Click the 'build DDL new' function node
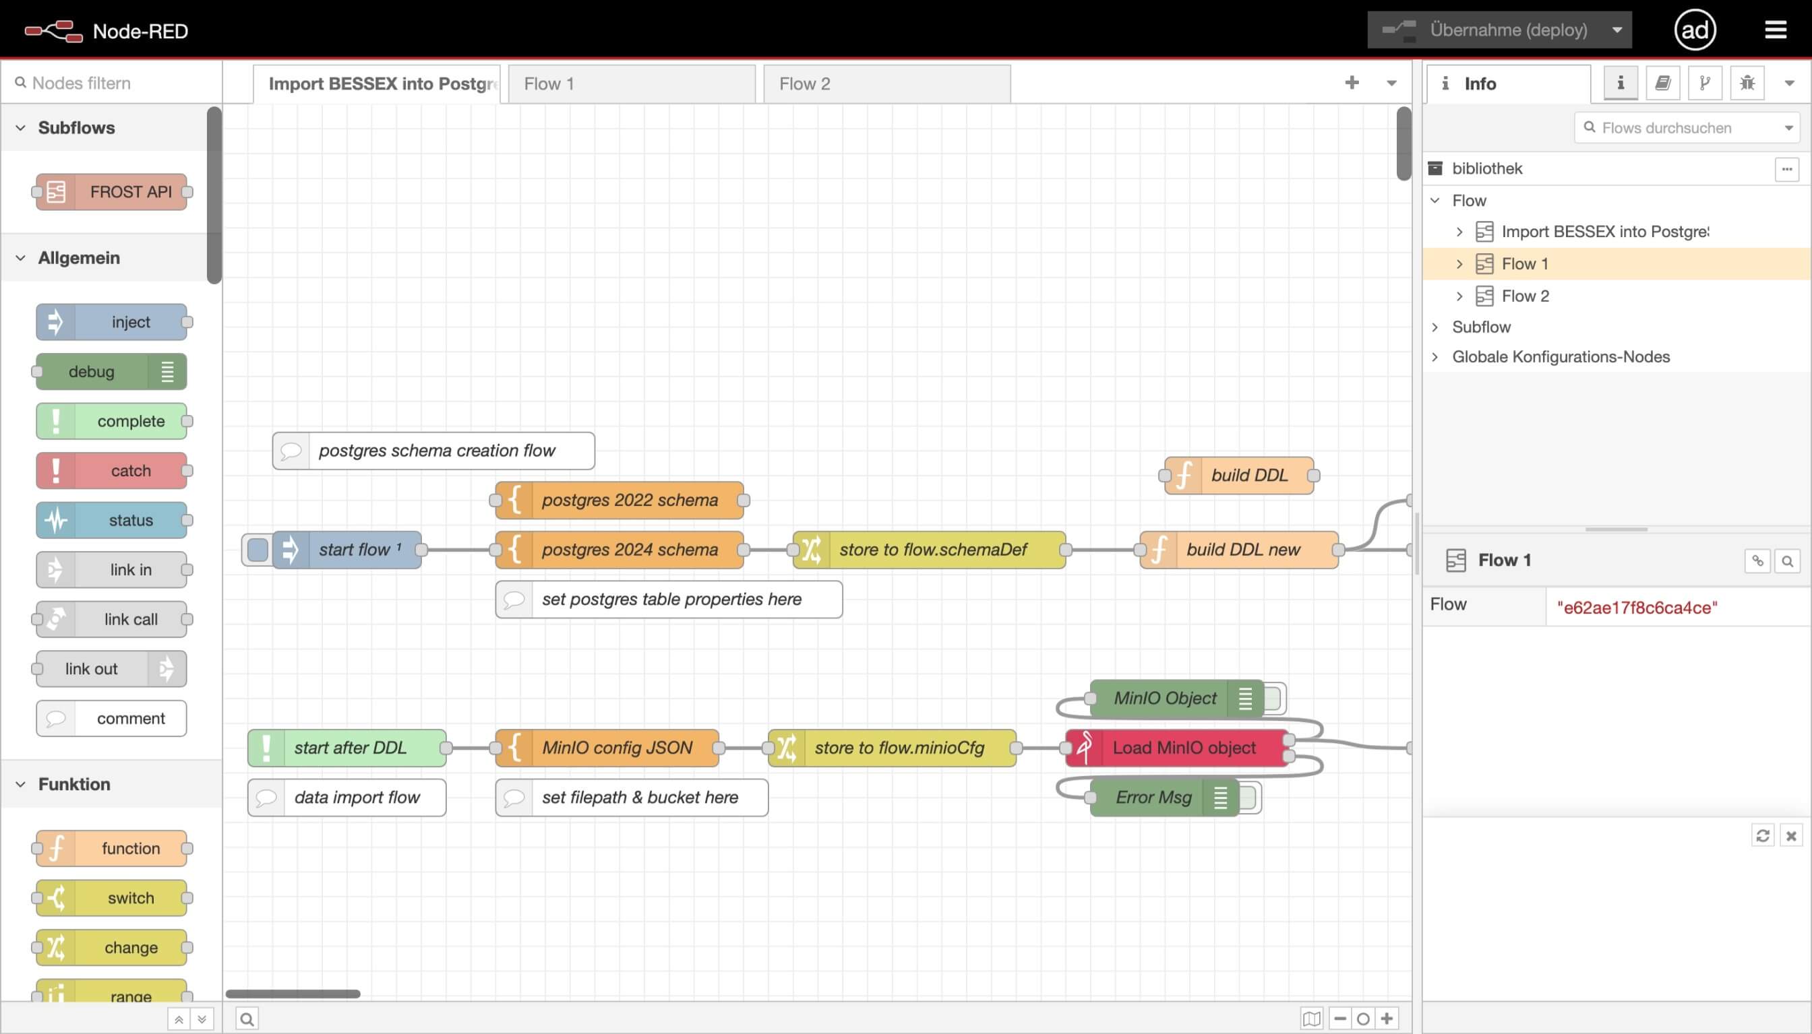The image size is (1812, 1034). click(x=1242, y=550)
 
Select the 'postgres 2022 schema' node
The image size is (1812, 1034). click(x=629, y=500)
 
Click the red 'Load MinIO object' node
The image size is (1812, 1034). click(x=1183, y=748)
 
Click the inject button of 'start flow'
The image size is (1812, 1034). click(x=258, y=550)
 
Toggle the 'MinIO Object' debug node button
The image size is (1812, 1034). click(x=1273, y=698)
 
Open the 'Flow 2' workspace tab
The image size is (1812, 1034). click(x=885, y=84)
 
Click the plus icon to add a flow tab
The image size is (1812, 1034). click(x=1352, y=83)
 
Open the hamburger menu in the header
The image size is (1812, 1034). click(x=1775, y=30)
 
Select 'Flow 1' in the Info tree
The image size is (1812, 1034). click(x=1524, y=264)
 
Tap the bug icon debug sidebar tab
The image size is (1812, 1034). click(x=1747, y=83)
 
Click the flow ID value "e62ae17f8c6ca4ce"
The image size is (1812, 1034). click(x=1637, y=608)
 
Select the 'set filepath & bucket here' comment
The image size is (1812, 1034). click(x=639, y=798)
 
